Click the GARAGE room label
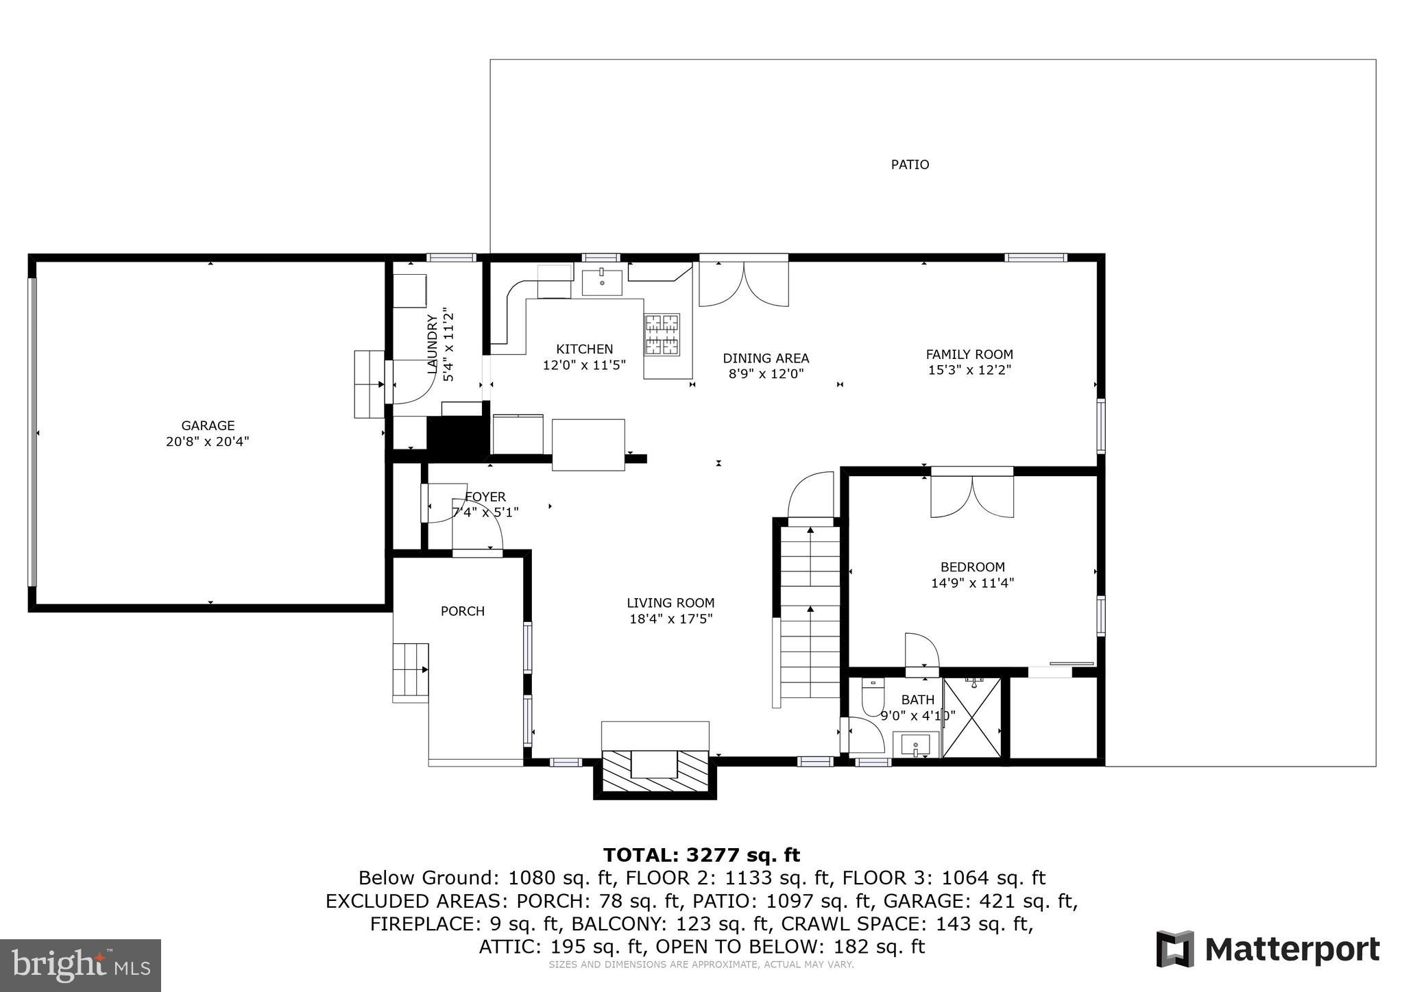(208, 425)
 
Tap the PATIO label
(910, 164)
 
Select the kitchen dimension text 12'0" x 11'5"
(584, 365)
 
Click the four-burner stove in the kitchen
(662, 335)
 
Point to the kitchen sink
(602, 282)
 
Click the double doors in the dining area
(744, 284)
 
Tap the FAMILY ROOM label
(969, 354)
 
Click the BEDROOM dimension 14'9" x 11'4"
(971, 583)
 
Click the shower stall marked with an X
(971, 717)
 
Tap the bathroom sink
(915, 745)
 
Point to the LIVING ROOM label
(670, 603)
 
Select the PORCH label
(462, 611)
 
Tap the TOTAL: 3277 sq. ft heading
(701, 855)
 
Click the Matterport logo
(1268, 950)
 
